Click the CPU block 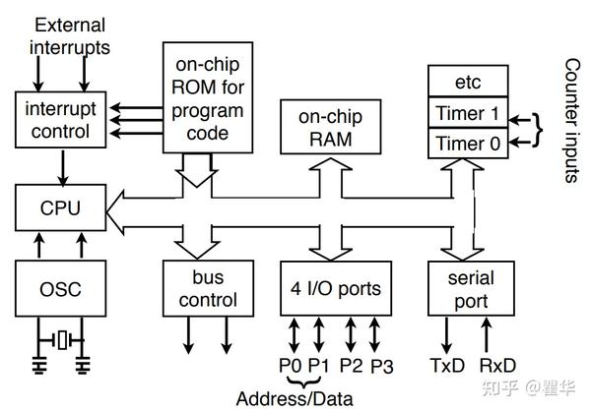(62, 208)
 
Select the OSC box (62, 289)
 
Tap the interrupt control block (62, 119)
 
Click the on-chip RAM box (326, 128)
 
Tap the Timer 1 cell (467, 113)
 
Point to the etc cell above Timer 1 (467, 82)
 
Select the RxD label (497, 366)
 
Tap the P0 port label (290, 366)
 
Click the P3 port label (383, 366)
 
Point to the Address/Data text (294, 398)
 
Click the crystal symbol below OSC (63, 340)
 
